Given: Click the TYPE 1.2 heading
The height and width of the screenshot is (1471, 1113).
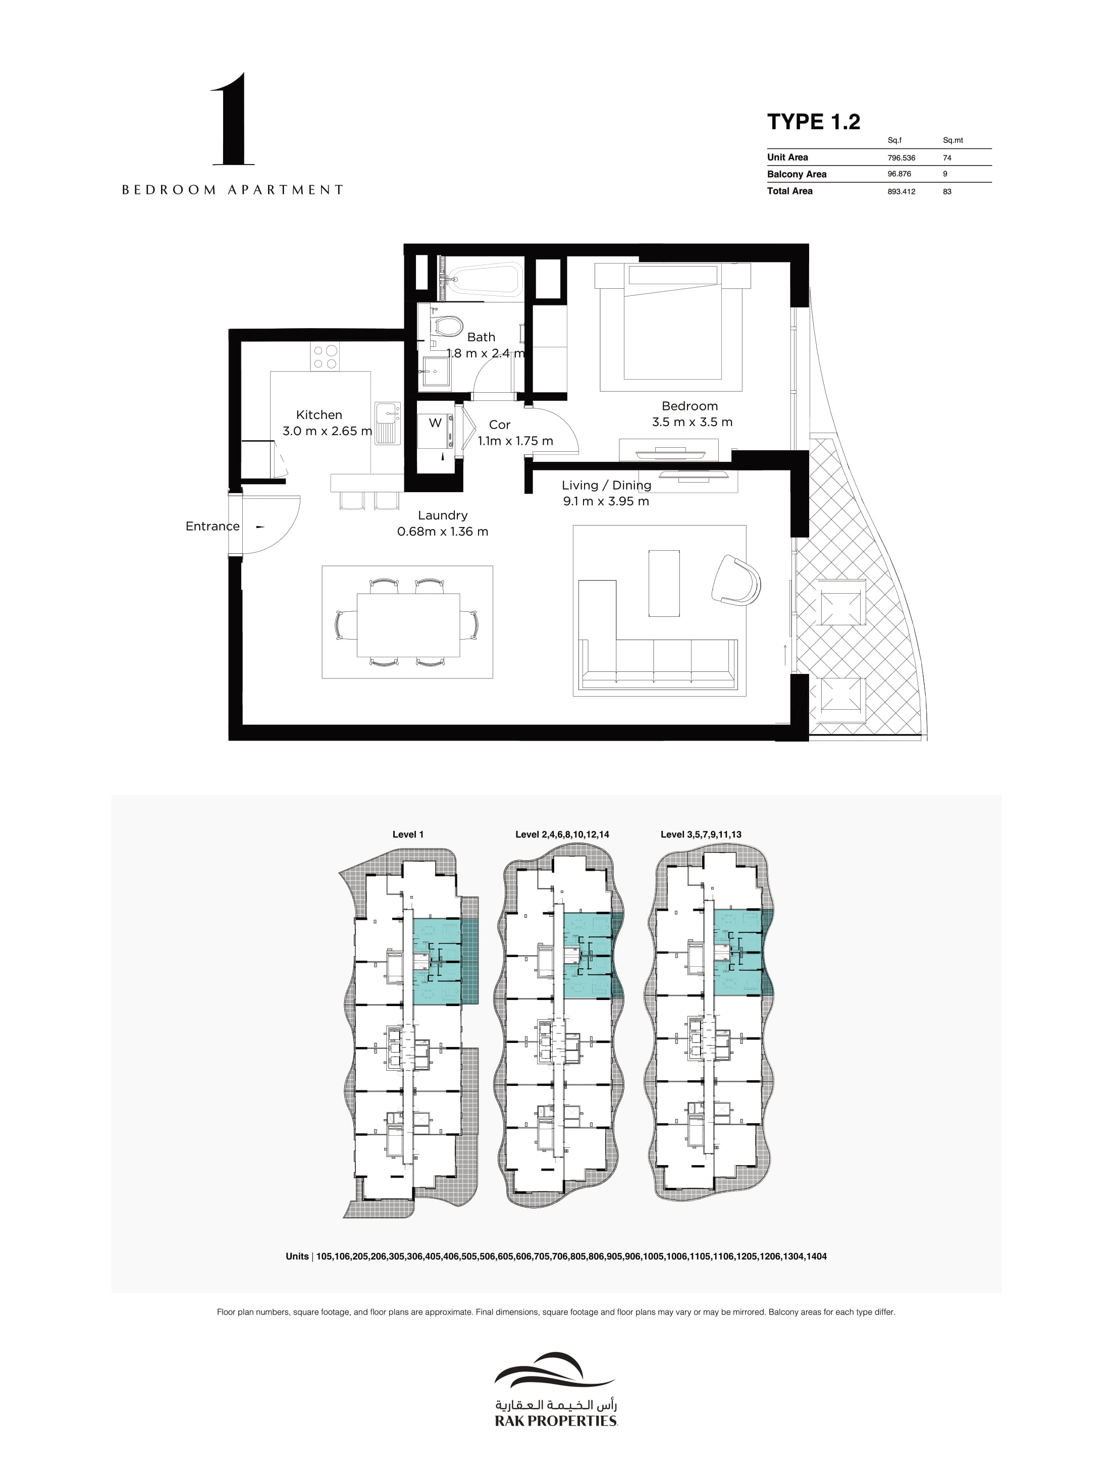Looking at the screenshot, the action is click(x=814, y=122).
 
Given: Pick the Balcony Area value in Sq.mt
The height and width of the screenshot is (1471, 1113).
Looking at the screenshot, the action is click(x=945, y=174).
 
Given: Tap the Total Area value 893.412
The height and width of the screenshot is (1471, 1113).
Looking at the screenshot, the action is click(x=901, y=191).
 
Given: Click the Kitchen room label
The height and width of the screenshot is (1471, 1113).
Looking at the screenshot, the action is click(x=319, y=415).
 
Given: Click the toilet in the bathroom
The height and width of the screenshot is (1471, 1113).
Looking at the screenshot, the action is click(x=447, y=326).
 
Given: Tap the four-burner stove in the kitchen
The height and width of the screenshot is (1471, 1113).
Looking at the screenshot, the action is click(x=325, y=356).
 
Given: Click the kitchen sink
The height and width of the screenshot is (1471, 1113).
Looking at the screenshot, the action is click(x=387, y=423).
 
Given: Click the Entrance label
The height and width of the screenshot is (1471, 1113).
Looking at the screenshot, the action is click(x=213, y=526).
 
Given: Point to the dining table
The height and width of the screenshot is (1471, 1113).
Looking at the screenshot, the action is click(x=407, y=624).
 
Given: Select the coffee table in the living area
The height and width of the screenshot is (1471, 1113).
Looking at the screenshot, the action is click(x=664, y=583).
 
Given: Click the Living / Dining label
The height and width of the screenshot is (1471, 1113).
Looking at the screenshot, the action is click(x=606, y=486).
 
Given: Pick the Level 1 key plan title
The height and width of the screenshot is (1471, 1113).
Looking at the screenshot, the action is click(x=408, y=834).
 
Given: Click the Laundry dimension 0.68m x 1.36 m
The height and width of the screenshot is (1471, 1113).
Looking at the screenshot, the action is click(x=443, y=532).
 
